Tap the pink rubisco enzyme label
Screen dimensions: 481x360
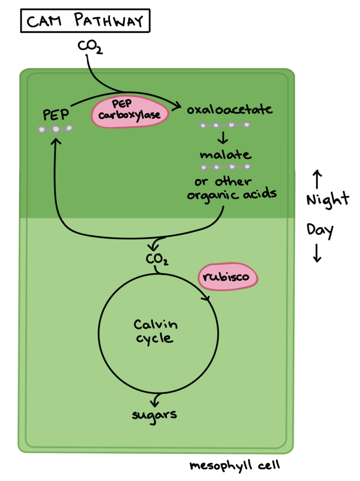(228, 277)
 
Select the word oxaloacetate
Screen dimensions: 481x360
(230, 110)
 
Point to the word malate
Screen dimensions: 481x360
(225, 155)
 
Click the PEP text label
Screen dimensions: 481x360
(56, 115)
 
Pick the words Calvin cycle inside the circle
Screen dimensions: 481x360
(156, 331)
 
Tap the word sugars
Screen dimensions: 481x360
(154, 414)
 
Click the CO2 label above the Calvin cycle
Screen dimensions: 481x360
(157, 259)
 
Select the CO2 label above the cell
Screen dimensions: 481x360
(90, 47)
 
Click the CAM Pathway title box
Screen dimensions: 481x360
(85, 22)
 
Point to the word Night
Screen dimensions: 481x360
(328, 200)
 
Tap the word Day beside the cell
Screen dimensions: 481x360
(320, 230)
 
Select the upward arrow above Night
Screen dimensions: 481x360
(317, 179)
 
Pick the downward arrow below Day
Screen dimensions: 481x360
(317, 253)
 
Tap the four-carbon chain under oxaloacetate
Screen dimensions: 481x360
(225, 126)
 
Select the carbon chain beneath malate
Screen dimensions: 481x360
(225, 167)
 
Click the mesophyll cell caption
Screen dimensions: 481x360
(235, 466)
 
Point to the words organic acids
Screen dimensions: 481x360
(232, 194)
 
